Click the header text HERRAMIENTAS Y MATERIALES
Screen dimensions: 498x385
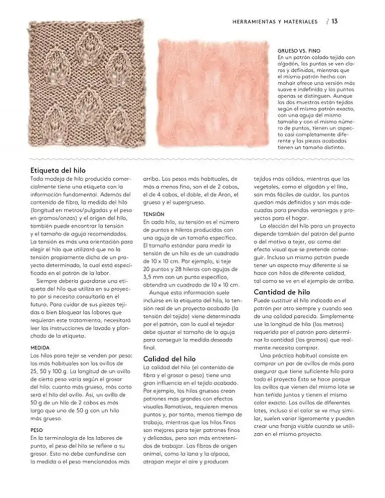tap(275, 21)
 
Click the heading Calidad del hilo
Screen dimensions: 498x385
tap(170, 358)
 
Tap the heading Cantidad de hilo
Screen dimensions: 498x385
tap(282, 292)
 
